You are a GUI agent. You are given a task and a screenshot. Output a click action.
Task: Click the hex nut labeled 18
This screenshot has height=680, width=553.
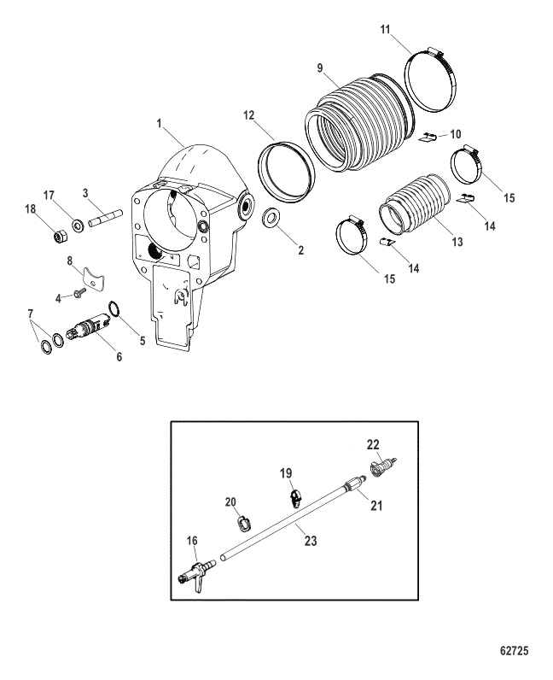[x=58, y=236]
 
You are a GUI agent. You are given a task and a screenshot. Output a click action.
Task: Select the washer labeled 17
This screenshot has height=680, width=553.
[x=79, y=225]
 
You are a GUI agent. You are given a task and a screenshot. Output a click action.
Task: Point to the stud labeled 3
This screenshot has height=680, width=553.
[x=106, y=218]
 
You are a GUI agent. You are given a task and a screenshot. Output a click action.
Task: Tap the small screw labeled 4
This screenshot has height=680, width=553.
[x=80, y=294]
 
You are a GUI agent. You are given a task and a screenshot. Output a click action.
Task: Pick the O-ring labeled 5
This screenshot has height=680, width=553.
[x=114, y=308]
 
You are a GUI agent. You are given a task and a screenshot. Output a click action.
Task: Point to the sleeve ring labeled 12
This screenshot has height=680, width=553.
[x=287, y=172]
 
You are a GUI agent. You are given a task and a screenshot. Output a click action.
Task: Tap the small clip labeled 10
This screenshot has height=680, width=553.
[x=428, y=138]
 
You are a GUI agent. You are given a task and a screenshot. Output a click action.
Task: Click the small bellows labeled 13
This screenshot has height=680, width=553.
[x=414, y=203]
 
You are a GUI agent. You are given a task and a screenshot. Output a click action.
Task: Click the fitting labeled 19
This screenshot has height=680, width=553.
[x=296, y=499]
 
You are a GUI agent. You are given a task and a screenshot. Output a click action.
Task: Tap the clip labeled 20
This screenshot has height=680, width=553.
[x=244, y=524]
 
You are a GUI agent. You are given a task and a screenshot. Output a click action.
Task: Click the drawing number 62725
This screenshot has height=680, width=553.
[x=514, y=650]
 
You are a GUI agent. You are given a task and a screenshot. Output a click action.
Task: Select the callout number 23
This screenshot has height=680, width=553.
[x=311, y=541]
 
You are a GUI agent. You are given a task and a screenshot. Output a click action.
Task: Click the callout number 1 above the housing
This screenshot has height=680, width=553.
[x=159, y=124]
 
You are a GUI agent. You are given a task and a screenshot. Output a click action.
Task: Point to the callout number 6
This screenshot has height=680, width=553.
[x=119, y=356]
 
